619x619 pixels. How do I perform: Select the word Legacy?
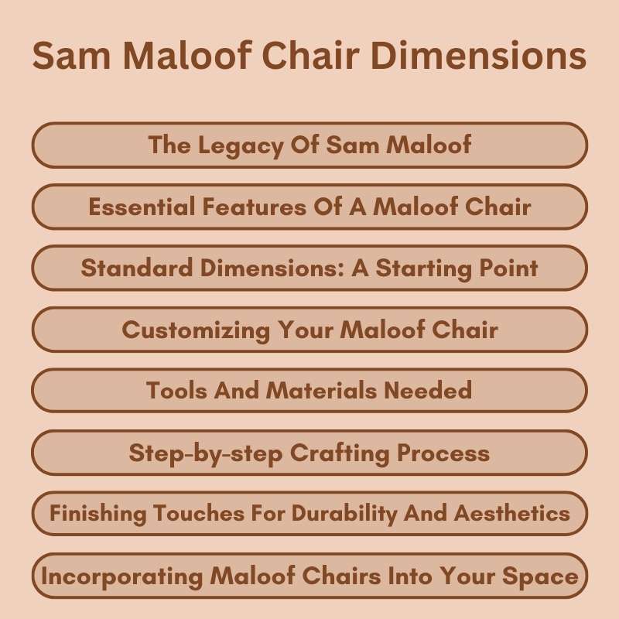pyautogui.click(x=232, y=145)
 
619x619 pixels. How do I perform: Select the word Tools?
pyautogui.click(x=171, y=391)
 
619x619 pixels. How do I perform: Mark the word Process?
pyautogui.click(x=446, y=453)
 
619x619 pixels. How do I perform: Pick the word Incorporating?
pyautogui.click(x=118, y=576)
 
